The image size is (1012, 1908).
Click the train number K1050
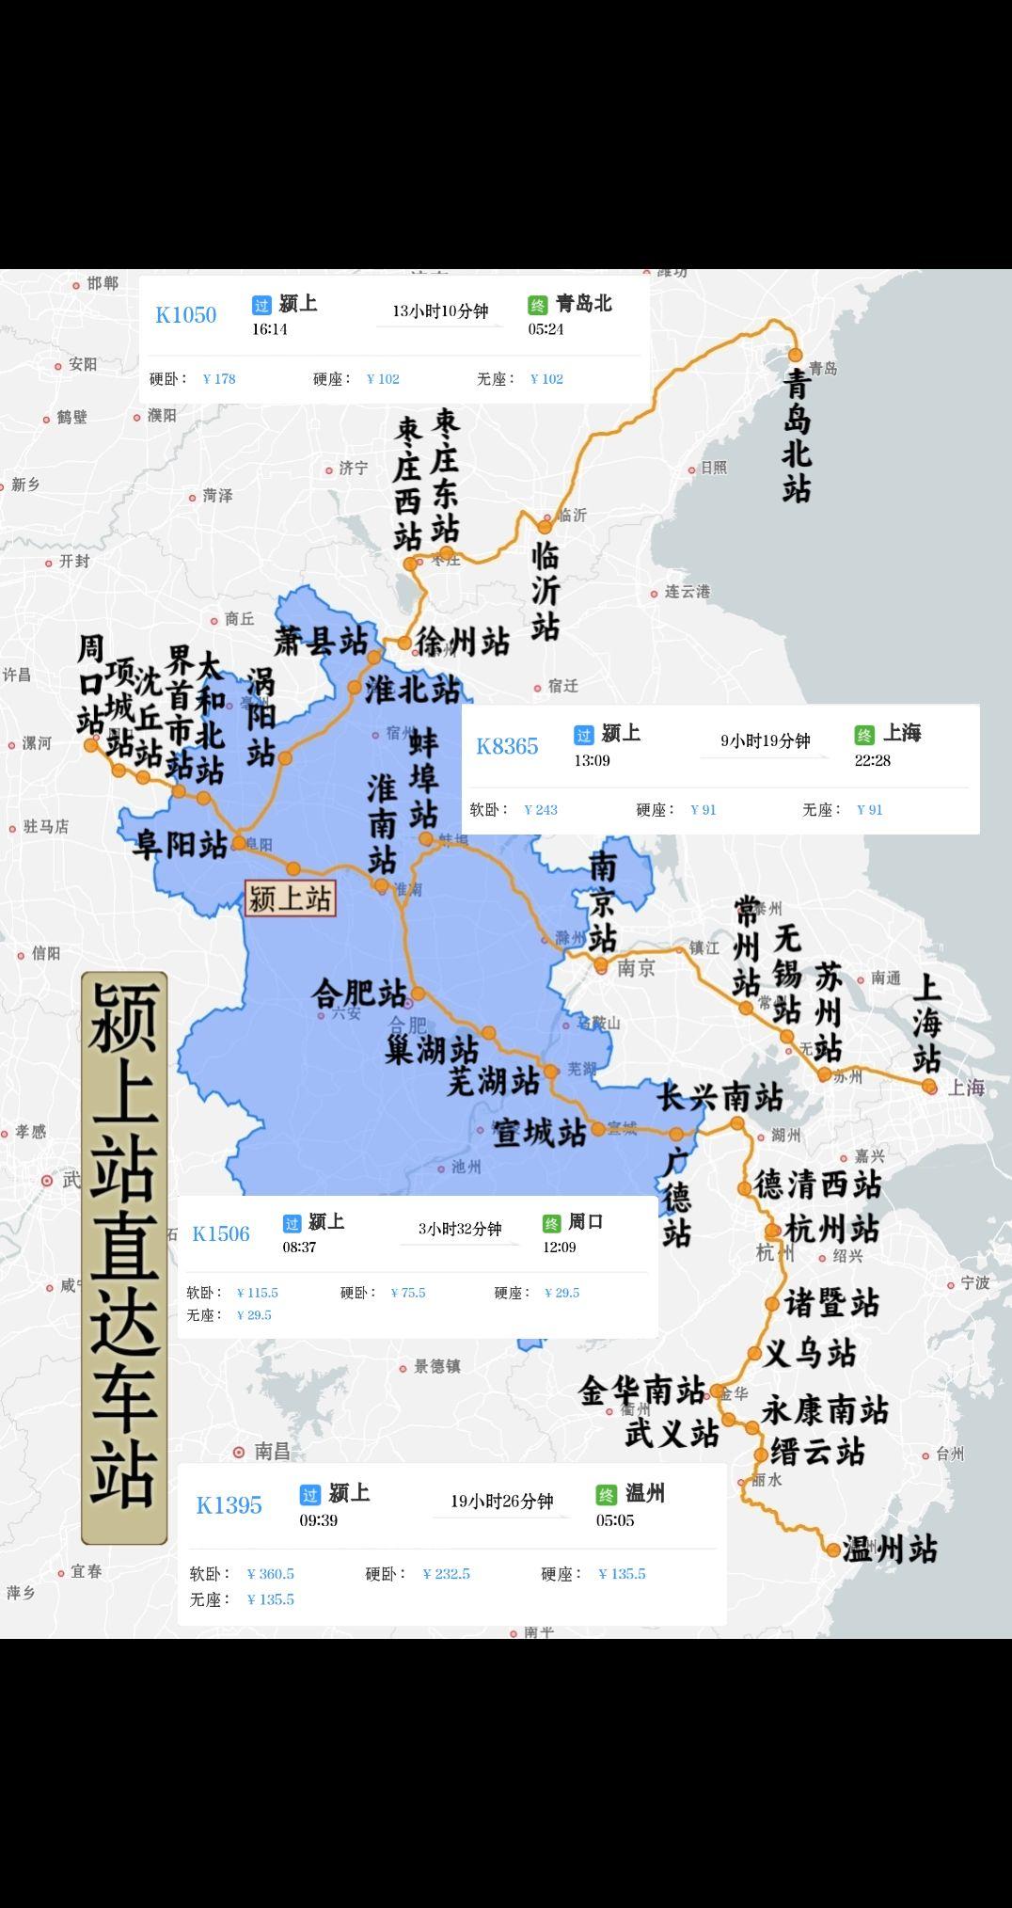tap(185, 315)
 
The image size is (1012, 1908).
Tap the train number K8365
tap(507, 747)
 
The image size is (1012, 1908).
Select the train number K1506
tap(221, 1234)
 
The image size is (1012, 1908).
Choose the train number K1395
tap(229, 1505)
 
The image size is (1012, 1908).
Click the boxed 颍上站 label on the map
tap(289, 898)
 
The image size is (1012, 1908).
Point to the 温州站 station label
tap(890, 1549)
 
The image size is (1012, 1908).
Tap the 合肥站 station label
tap(359, 994)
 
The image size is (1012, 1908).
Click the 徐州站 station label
tap(463, 643)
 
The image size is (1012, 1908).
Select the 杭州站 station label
tap(832, 1229)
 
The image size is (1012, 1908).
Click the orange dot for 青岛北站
tap(795, 355)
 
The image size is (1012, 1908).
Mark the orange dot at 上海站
tap(929, 1087)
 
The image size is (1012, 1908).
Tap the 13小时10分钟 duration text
tap(440, 311)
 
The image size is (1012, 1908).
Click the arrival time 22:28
tap(872, 760)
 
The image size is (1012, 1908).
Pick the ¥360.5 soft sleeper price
tap(270, 1574)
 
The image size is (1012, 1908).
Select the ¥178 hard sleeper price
tap(219, 379)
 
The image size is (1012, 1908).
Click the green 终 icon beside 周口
tap(551, 1223)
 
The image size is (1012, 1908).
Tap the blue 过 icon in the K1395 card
tap(309, 1494)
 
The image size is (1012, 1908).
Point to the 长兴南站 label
tap(720, 1097)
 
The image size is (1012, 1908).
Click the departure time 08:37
tap(299, 1248)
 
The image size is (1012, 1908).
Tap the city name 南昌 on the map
tap(272, 1452)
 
